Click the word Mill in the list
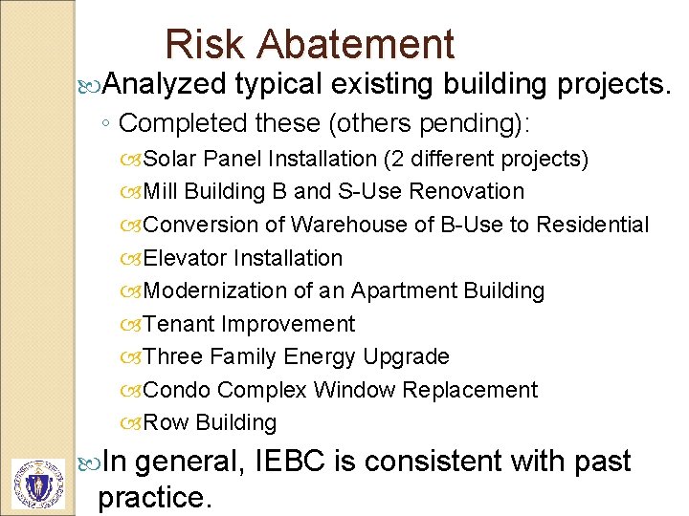[161, 191]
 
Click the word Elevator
[185, 258]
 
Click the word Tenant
[179, 324]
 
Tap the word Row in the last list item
[166, 422]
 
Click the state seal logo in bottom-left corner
[37, 484]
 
